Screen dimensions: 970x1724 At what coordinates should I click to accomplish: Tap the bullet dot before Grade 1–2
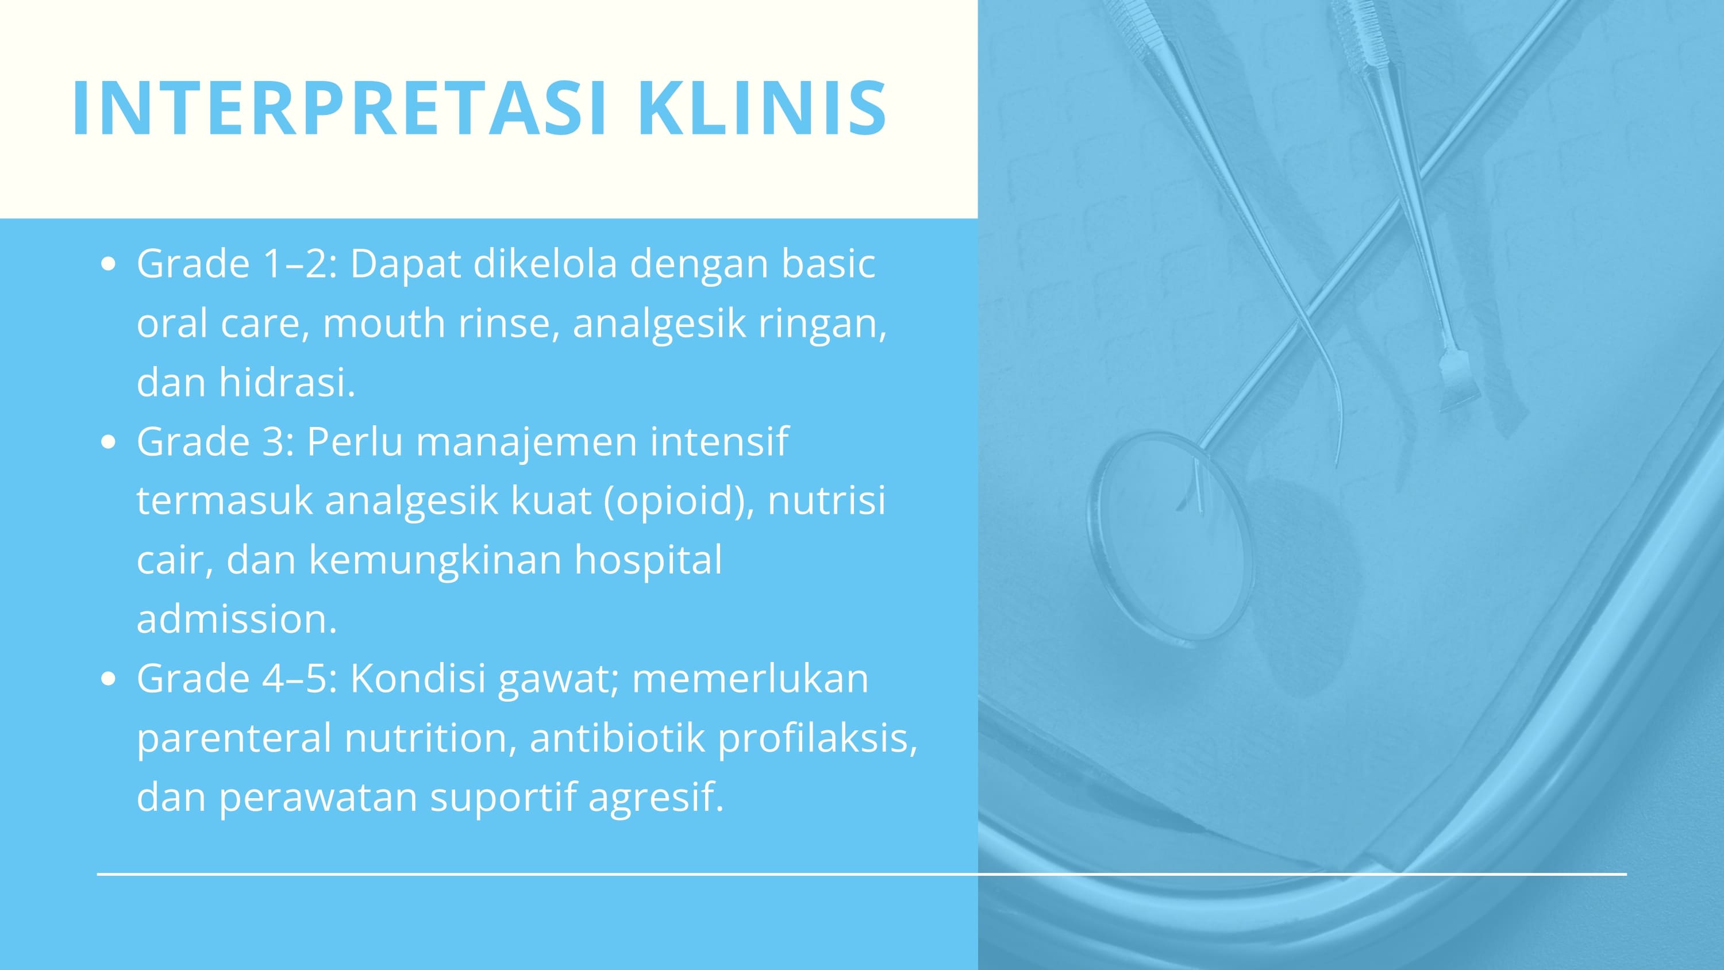[x=108, y=264]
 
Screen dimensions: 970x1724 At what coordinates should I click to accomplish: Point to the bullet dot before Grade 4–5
[x=108, y=679]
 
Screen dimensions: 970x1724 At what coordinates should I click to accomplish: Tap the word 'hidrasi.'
[x=287, y=382]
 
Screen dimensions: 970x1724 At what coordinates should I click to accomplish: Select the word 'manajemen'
[x=526, y=442]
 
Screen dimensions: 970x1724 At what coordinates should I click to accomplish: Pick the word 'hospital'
[x=648, y=560]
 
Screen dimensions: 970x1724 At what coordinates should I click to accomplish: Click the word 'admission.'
[x=237, y=619]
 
